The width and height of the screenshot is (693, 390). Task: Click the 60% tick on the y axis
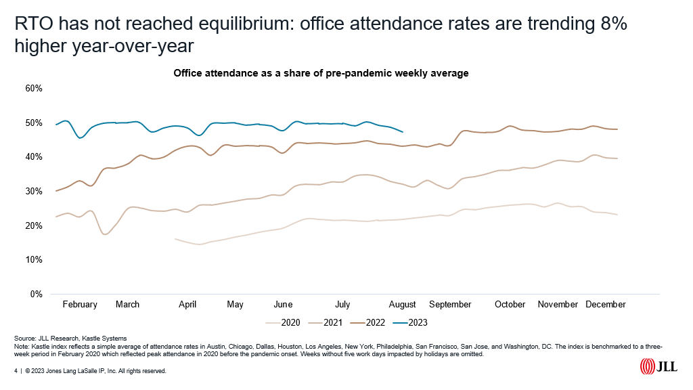34,88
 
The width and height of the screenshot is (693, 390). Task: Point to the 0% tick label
36,295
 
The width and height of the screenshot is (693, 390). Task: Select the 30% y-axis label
34,192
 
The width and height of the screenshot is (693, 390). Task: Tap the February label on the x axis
80,305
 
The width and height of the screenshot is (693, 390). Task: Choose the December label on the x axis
606,305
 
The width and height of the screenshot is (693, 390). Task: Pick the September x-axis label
450,305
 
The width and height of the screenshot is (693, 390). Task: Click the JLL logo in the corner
659,366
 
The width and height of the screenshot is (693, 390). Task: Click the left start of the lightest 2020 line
175,238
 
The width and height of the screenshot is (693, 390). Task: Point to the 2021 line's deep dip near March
106,234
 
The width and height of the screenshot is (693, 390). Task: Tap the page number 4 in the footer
16,372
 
